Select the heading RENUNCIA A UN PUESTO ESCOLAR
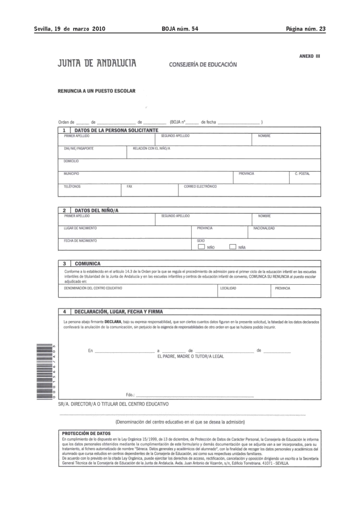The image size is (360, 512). pos(97,91)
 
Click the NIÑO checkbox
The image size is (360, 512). pos(201,247)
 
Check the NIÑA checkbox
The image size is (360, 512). pos(232,247)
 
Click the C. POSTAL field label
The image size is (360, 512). pos(302,174)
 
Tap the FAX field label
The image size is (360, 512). pos(130,186)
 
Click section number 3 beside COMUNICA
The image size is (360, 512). pos(64,263)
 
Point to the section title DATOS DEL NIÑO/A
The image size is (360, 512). pos(100,210)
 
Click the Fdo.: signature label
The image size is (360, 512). pos(130,395)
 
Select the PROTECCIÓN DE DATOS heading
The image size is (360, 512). pos(83,433)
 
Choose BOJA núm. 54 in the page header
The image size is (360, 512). pos(179,29)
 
